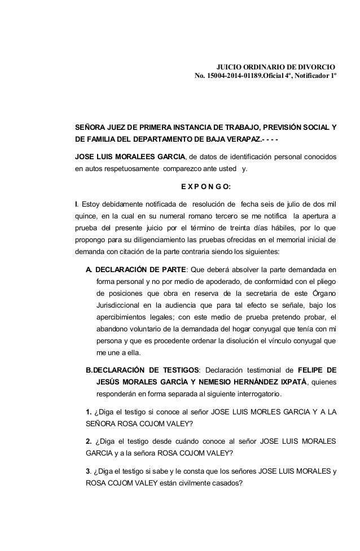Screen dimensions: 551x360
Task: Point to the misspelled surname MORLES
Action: [x=256, y=413]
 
